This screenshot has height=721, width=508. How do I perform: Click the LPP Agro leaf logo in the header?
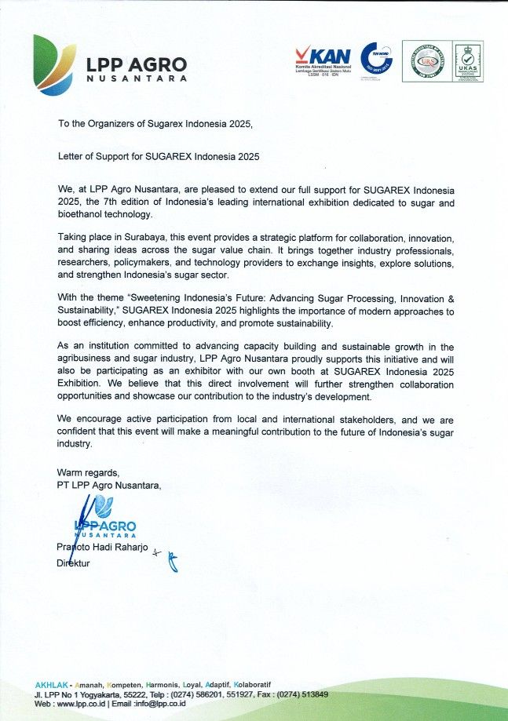pyautogui.click(x=55, y=64)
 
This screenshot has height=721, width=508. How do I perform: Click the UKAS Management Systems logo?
pyautogui.click(x=468, y=61)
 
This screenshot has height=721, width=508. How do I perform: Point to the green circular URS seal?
pyautogui.click(x=427, y=61)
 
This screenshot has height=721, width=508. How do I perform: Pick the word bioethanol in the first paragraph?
pyautogui.click(x=83, y=215)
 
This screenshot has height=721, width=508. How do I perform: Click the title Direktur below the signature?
pyautogui.click(x=74, y=563)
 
